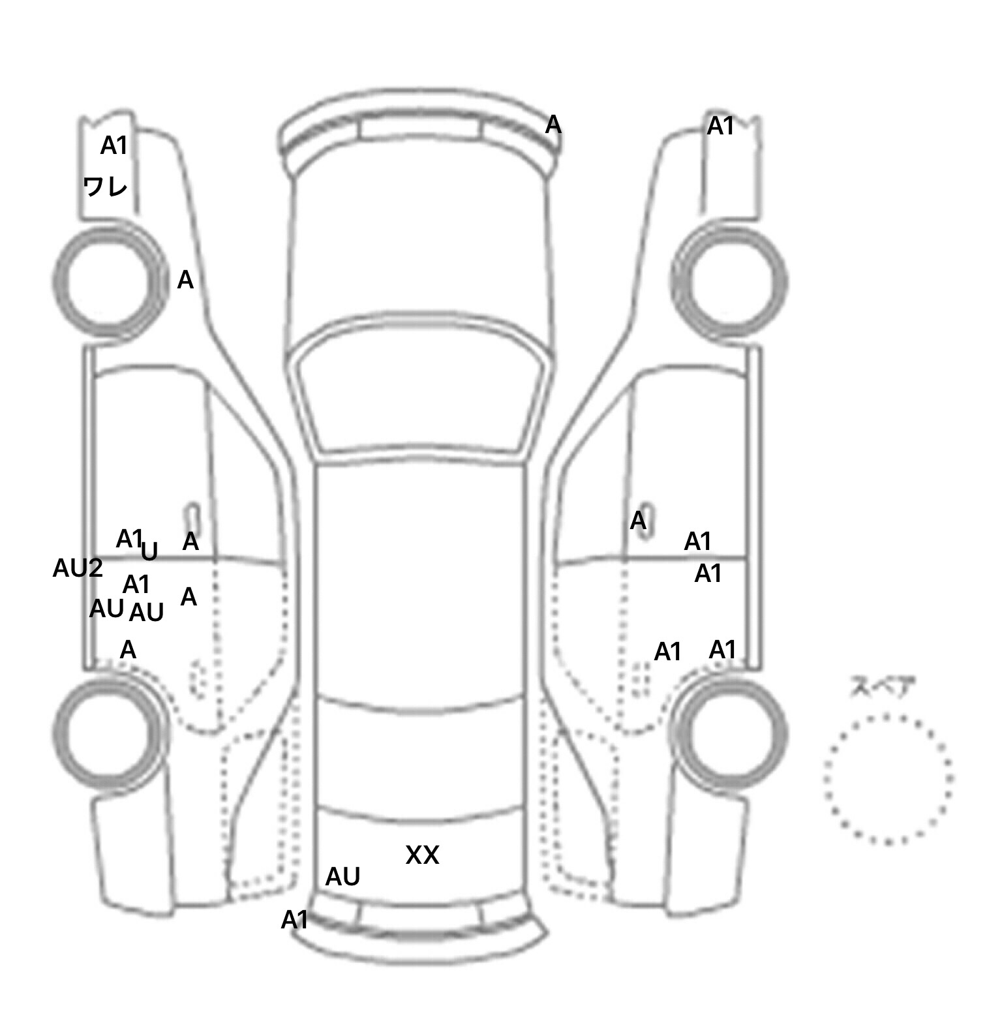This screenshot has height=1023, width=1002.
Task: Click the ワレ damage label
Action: coord(105,187)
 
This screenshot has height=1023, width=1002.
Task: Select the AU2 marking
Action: coord(78,569)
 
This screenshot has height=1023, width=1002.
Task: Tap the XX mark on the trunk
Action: coord(422,855)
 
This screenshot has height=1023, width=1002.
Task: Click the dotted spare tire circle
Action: coord(888,716)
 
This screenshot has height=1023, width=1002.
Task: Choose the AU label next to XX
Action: coord(342,877)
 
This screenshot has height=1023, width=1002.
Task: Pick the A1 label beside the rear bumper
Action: coord(294,921)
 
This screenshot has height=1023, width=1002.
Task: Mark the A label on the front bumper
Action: coord(553,125)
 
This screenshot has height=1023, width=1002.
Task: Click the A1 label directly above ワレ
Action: coord(114,146)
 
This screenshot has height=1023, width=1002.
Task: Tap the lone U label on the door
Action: coord(150,552)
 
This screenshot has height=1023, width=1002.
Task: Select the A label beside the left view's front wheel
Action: coord(185,281)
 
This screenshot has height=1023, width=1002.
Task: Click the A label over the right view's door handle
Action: coord(638,521)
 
